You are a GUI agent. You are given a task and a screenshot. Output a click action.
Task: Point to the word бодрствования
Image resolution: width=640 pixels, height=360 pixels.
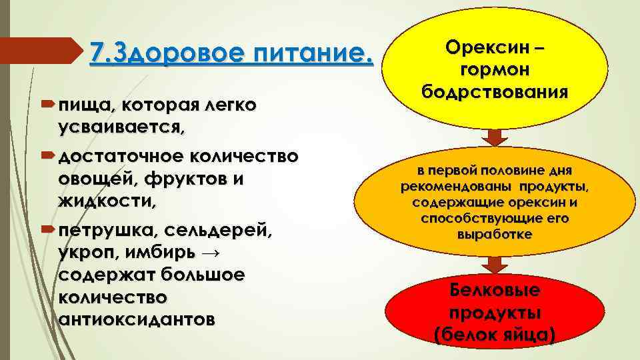(x=495, y=91)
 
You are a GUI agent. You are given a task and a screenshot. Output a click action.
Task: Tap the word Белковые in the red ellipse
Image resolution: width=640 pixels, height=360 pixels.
(x=494, y=291)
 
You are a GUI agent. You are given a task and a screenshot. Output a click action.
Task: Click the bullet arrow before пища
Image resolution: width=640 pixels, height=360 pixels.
(x=51, y=106)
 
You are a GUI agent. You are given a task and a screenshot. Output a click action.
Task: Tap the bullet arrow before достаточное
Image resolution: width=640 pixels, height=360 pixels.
(x=51, y=157)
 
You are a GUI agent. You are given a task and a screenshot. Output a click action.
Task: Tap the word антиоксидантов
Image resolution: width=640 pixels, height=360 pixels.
(x=137, y=319)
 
